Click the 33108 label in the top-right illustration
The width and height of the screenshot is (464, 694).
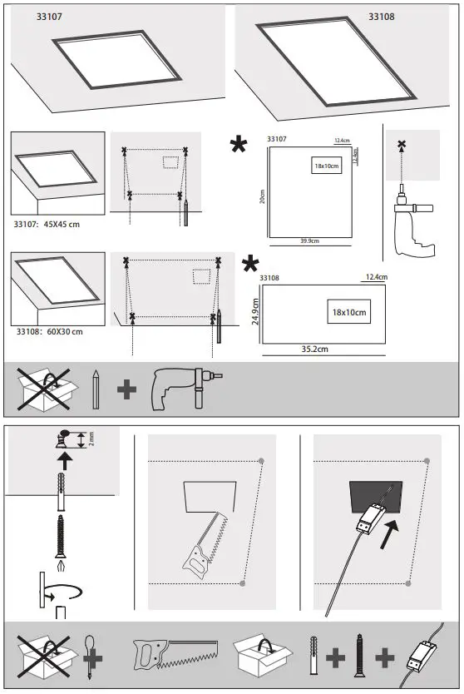(x=383, y=16)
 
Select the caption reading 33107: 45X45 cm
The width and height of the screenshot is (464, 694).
(x=48, y=224)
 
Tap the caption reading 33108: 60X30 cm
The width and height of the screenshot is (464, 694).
(x=48, y=331)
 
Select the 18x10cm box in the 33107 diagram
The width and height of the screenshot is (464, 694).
(x=328, y=166)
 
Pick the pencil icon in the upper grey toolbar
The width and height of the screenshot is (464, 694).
(x=96, y=389)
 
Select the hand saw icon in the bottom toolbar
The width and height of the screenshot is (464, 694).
(x=175, y=655)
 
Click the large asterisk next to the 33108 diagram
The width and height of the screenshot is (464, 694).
(x=249, y=265)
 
